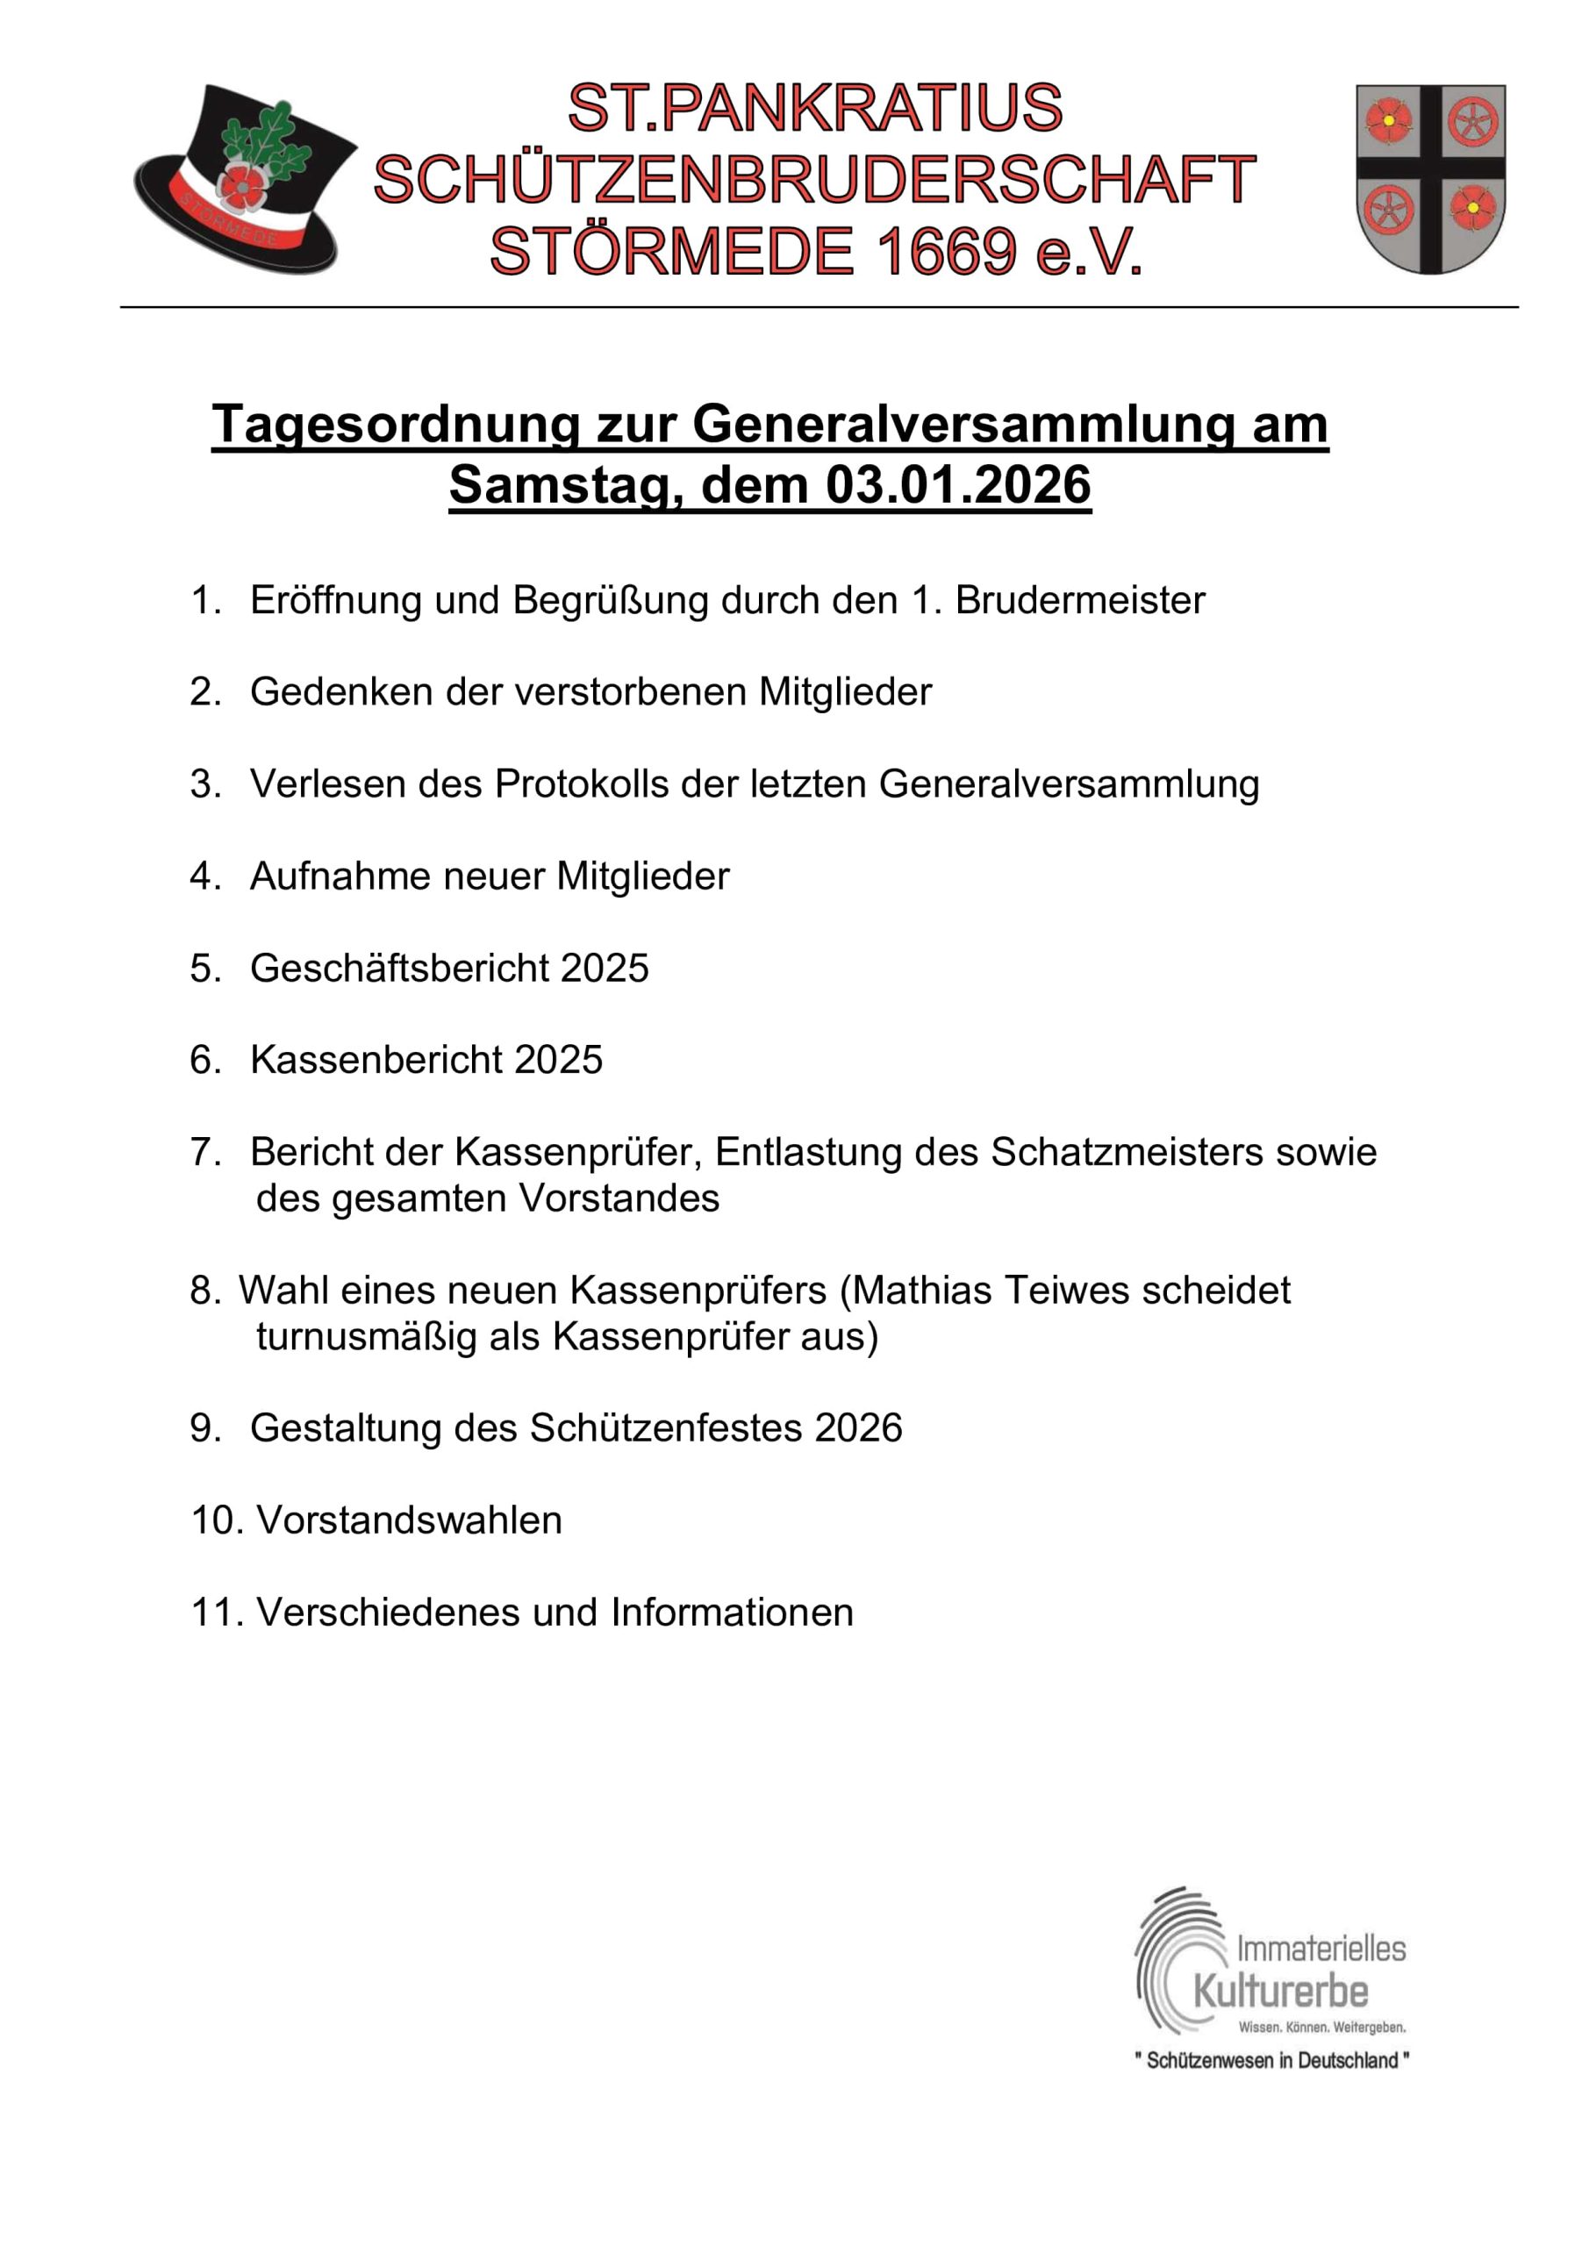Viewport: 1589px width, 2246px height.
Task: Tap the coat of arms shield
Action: pos(1429,178)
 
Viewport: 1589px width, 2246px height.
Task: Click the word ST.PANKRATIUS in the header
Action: pos(814,108)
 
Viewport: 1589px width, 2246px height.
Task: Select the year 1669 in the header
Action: pos(945,253)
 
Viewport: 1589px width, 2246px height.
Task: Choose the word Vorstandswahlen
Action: pos(409,1520)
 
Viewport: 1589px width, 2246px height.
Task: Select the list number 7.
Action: pos(204,1152)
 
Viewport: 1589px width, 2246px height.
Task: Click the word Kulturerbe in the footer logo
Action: pos(1280,1992)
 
